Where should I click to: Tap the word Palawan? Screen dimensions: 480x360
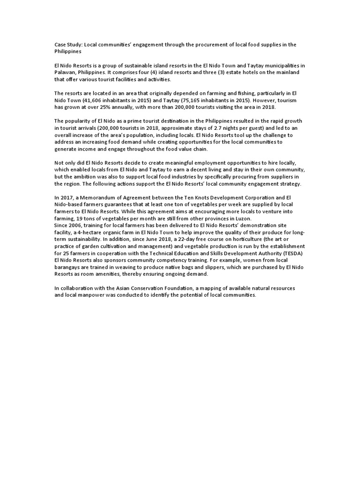64,73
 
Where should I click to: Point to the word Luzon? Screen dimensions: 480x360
242,218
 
